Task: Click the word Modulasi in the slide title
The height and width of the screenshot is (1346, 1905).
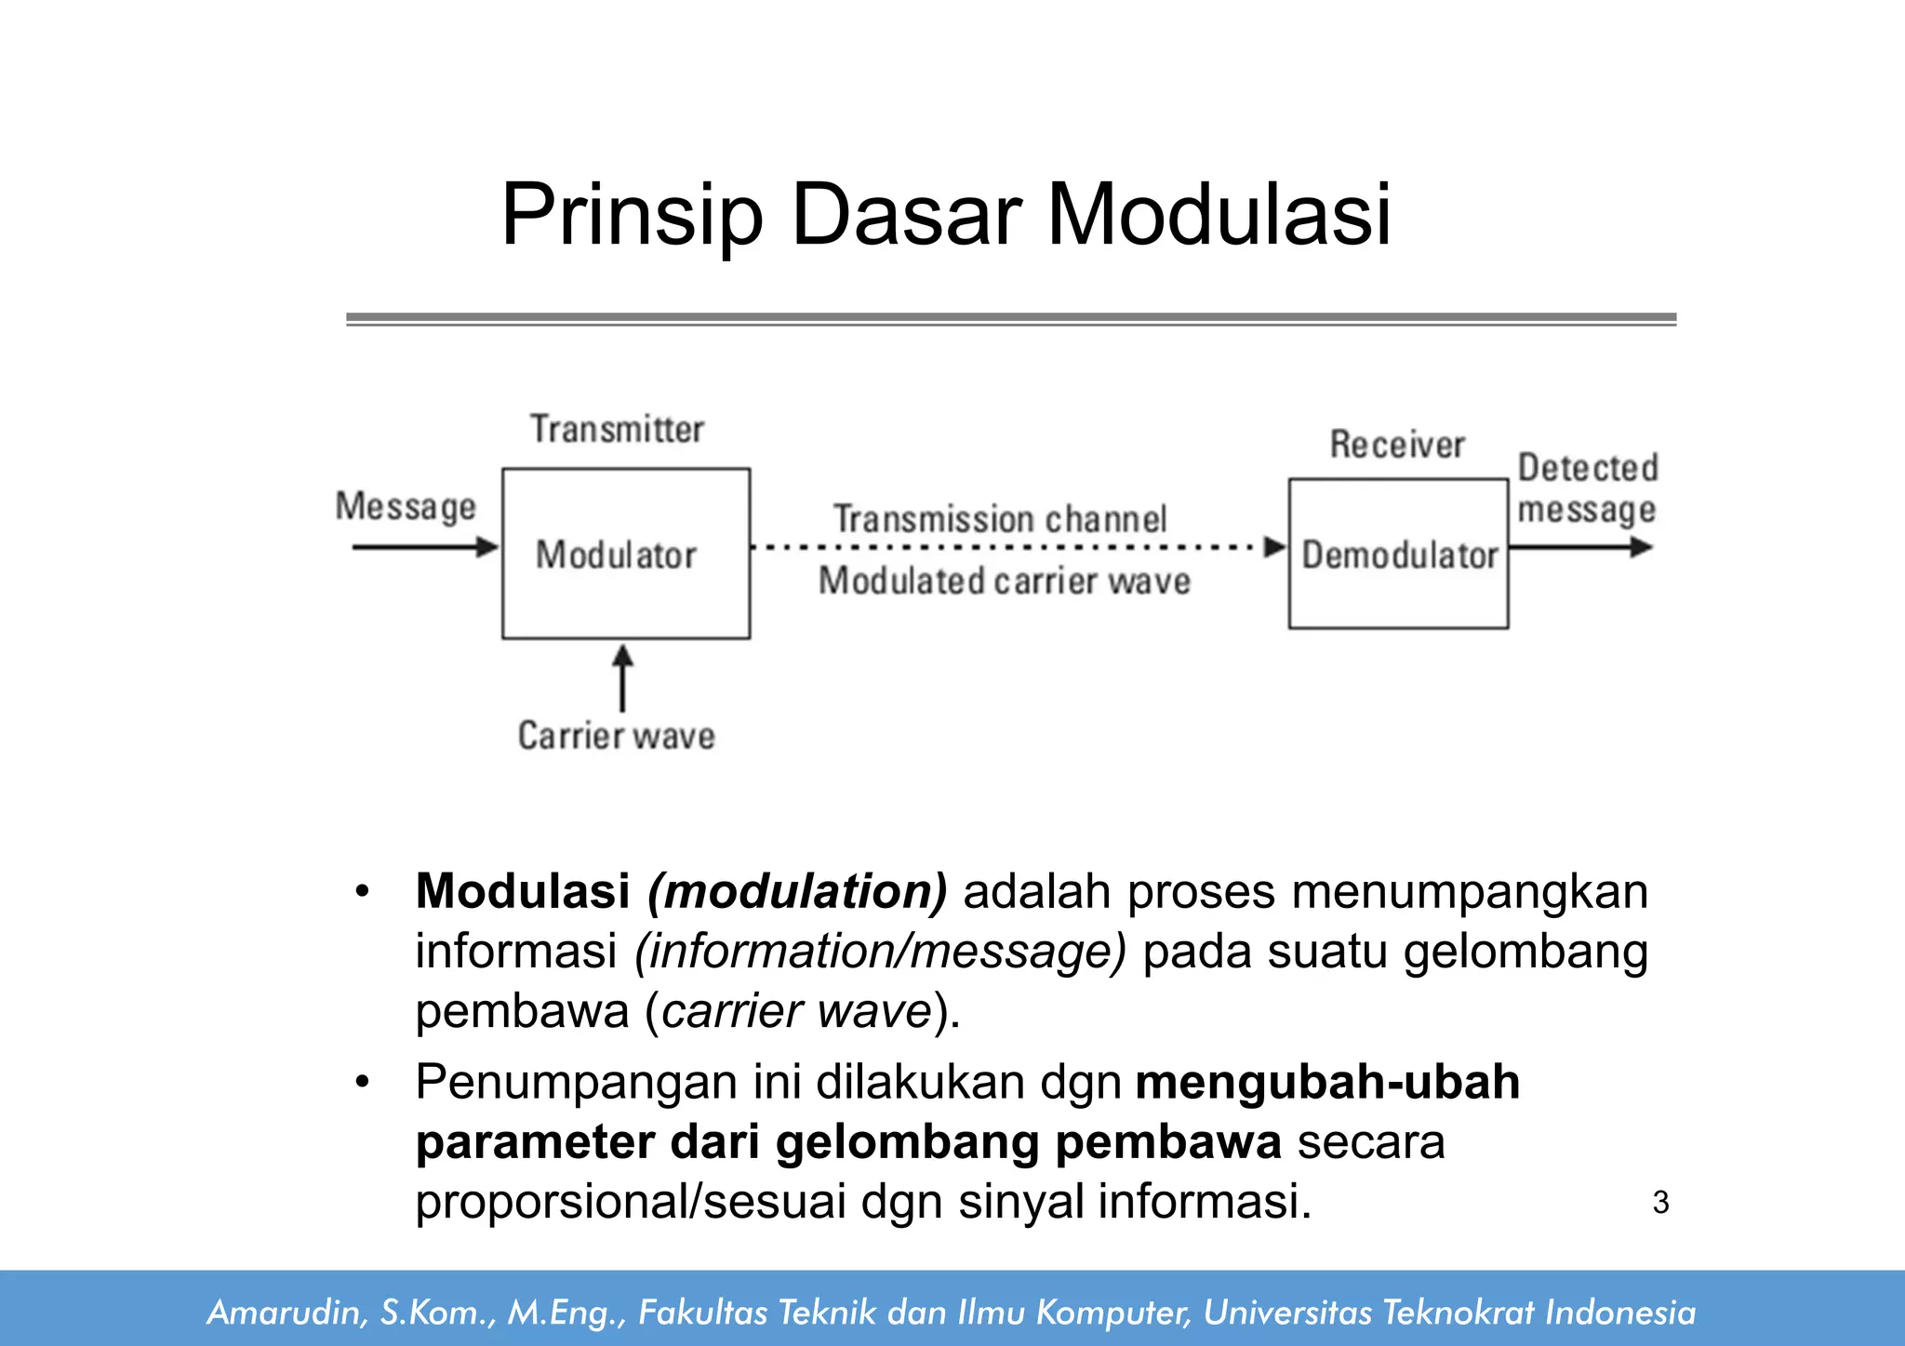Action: click(1219, 216)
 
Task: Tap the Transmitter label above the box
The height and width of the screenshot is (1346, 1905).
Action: click(617, 430)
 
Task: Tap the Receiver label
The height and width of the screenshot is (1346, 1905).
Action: click(1396, 445)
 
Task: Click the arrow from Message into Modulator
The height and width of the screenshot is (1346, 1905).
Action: click(423, 547)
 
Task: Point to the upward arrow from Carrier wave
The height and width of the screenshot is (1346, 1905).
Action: click(622, 679)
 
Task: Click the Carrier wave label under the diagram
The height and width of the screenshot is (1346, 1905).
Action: click(616, 736)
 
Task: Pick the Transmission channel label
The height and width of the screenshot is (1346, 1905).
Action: click(999, 519)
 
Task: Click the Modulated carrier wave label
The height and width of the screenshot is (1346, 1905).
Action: click(1004, 581)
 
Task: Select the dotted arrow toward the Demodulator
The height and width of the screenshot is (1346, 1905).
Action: click(1014, 548)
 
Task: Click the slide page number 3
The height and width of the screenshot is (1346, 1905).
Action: click(1660, 1203)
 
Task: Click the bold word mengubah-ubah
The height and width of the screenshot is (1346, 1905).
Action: click(1327, 1083)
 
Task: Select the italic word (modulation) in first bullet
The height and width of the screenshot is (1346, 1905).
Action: click(797, 891)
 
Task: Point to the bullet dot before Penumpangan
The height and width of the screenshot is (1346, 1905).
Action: click(362, 1083)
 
